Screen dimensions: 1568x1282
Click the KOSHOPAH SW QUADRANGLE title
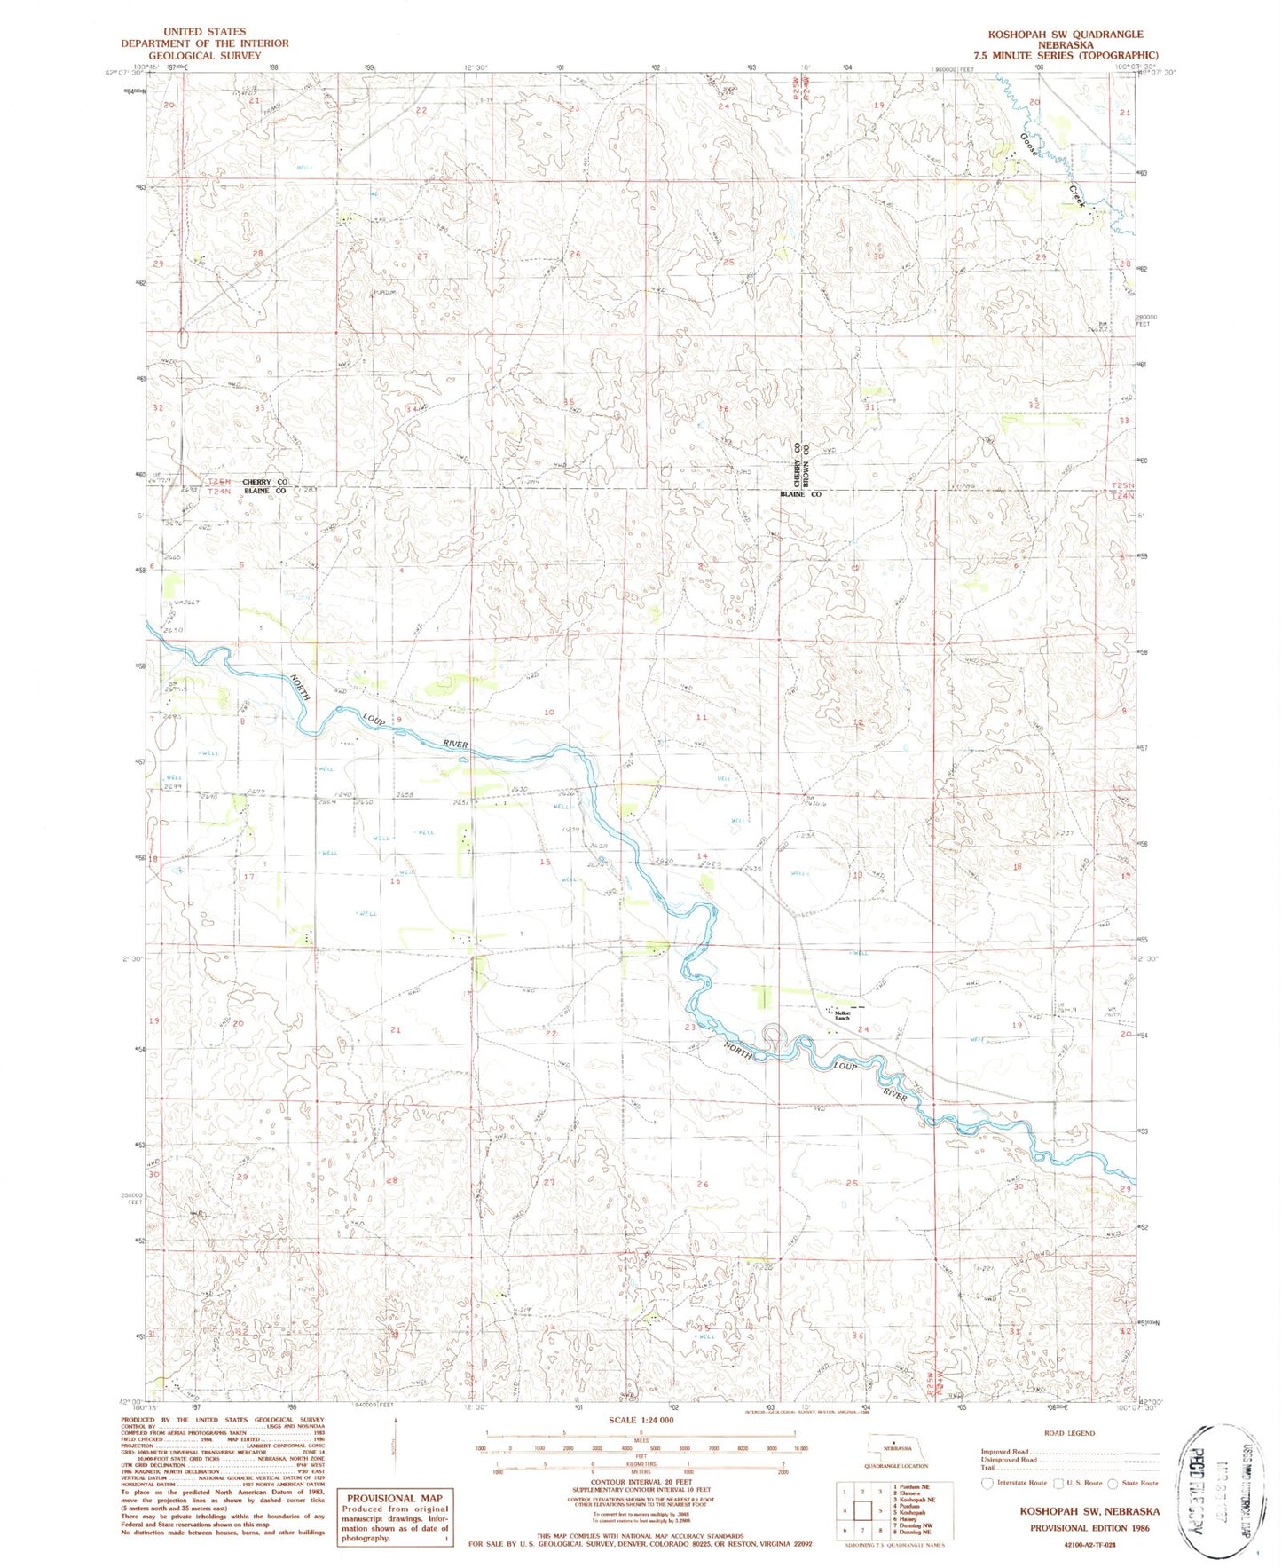1066,33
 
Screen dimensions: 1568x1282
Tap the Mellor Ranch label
841,1015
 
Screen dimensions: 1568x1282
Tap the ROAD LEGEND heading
1069,1433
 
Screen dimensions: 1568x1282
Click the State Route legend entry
1135,1483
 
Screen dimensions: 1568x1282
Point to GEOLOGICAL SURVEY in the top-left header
205,55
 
